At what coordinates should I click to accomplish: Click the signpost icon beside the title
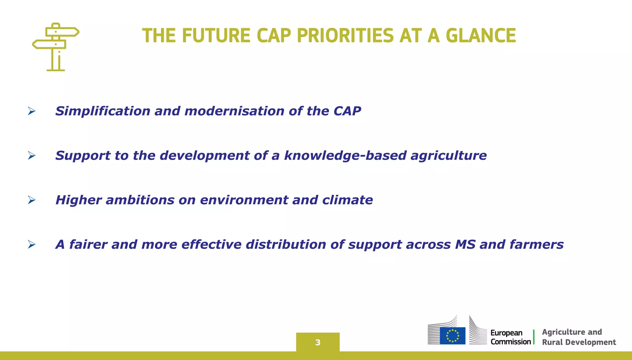[56, 47]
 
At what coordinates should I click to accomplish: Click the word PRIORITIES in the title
[345, 36]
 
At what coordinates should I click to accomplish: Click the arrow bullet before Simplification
[31, 111]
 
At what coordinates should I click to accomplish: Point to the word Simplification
[103, 111]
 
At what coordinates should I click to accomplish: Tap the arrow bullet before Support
[31, 155]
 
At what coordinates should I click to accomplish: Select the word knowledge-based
[345, 156]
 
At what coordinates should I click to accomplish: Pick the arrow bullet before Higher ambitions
[31, 200]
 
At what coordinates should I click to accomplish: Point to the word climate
[347, 200]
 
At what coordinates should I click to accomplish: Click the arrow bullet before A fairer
[31, 244]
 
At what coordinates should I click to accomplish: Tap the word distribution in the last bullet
[286, 245]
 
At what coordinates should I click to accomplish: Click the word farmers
[536, 245]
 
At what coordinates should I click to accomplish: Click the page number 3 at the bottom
[318, 342]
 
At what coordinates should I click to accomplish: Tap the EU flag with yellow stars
[452, 336]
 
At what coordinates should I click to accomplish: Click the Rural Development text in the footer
[579, 342]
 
